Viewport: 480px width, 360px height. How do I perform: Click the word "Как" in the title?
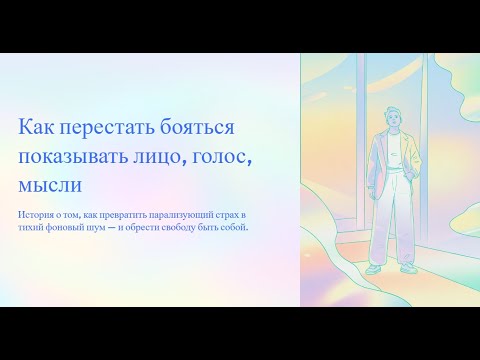click(37, 128)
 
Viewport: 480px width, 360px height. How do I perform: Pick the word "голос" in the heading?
click(237, 157)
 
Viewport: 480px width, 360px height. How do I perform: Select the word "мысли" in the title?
click(50, 185)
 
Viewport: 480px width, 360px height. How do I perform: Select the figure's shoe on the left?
click(373, 268)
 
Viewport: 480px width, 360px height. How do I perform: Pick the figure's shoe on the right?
click(407, 268)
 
